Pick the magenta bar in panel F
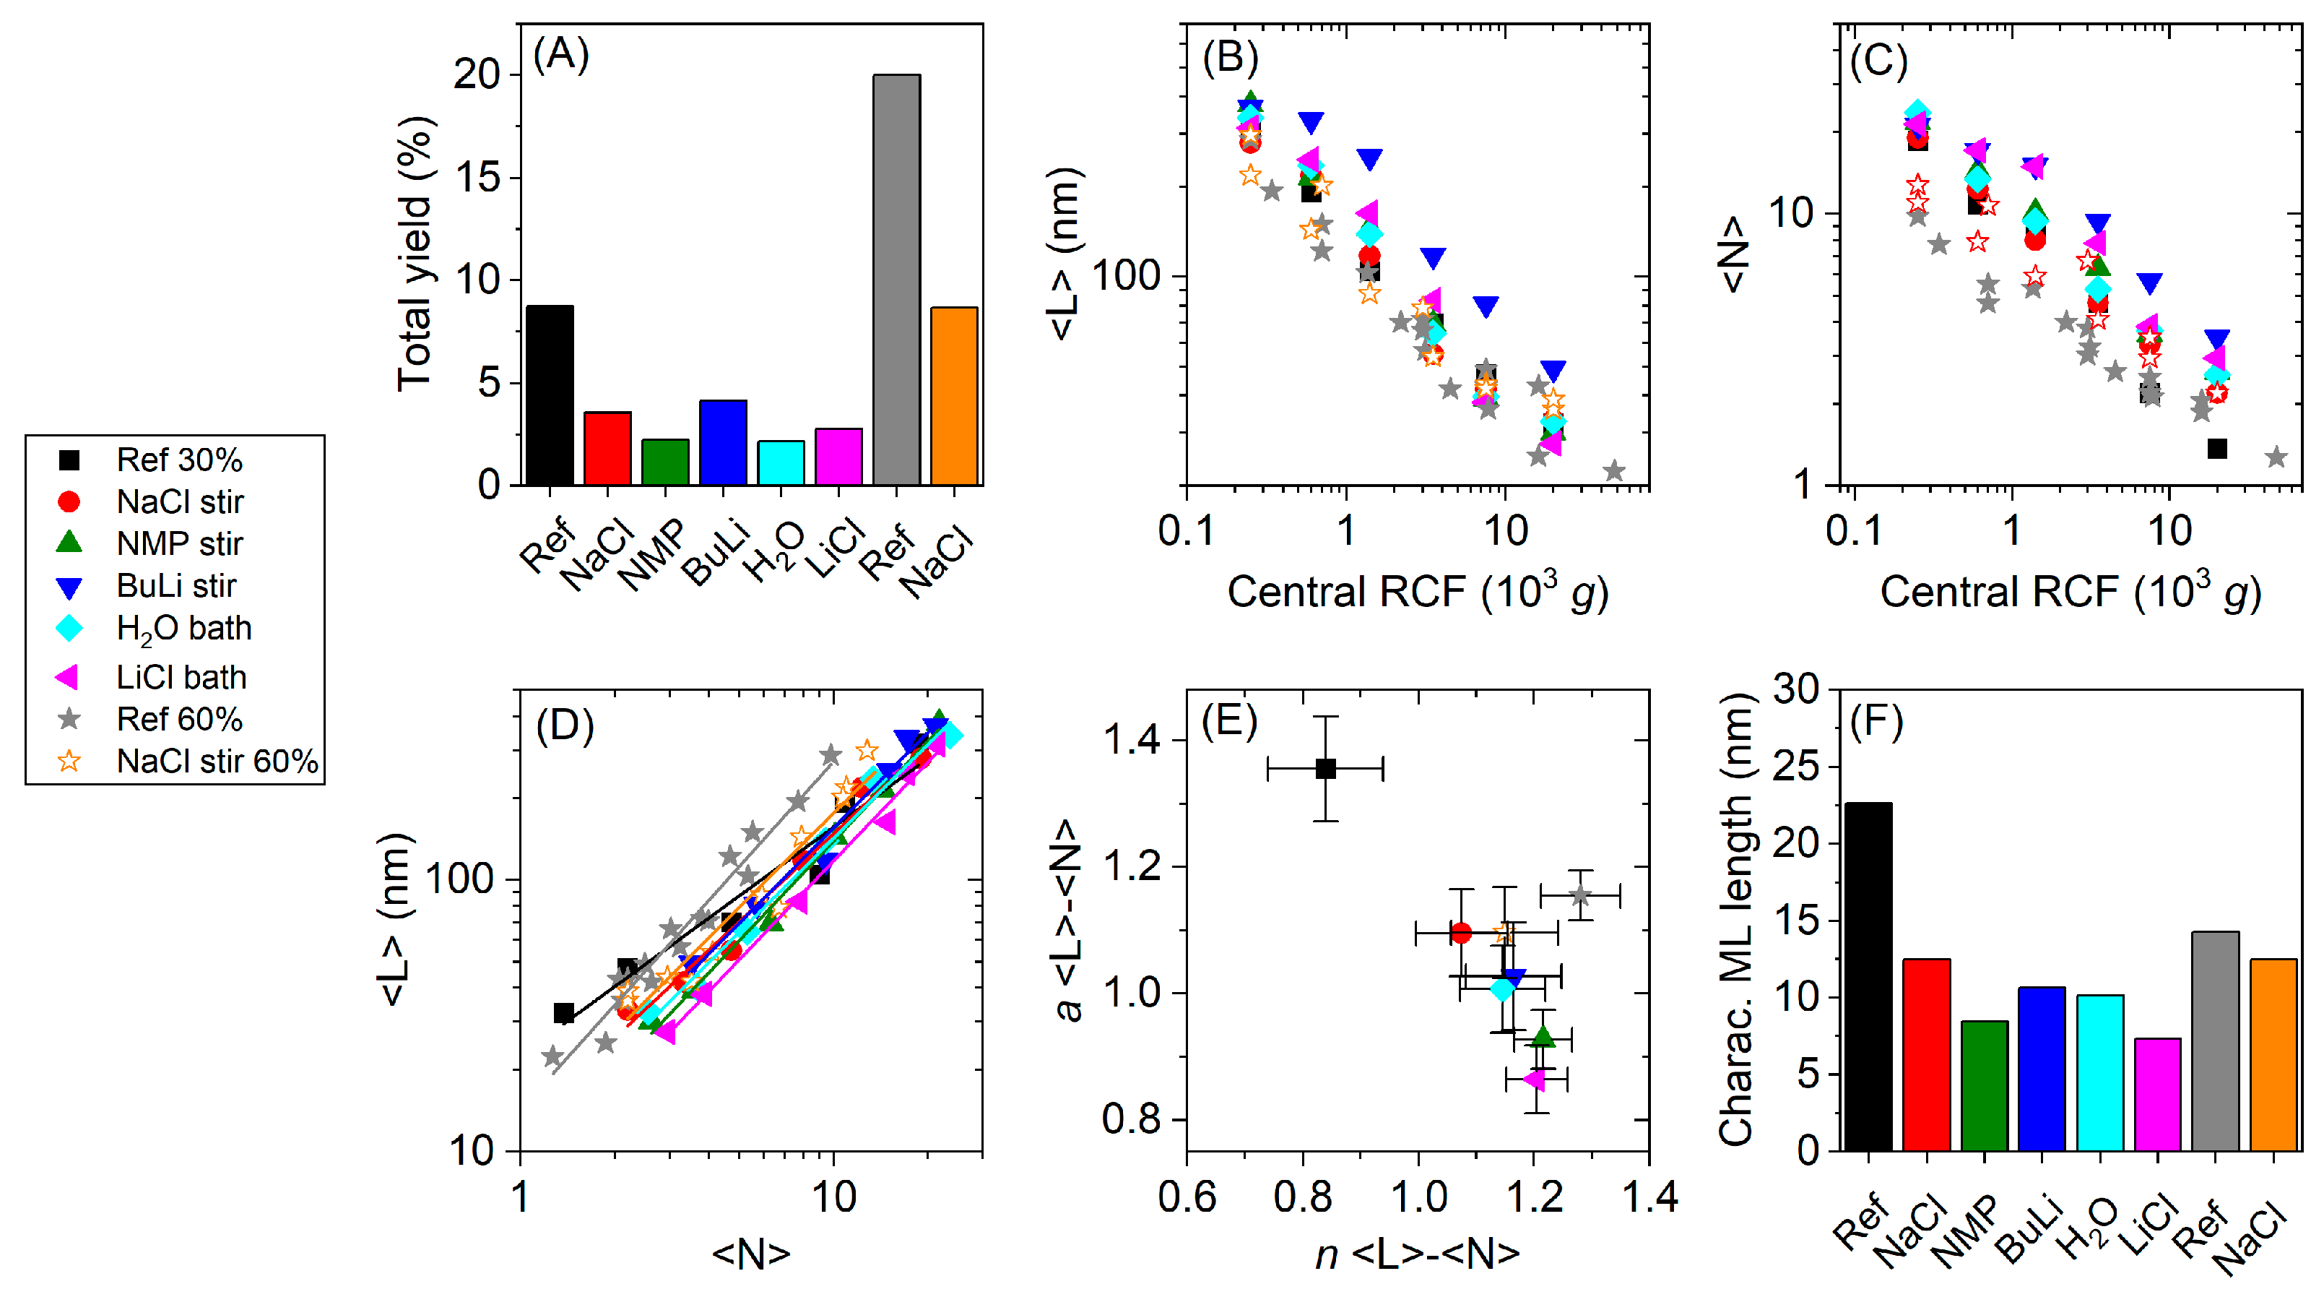tap(2156, 1094)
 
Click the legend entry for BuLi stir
tap(176, 586)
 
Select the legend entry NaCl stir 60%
tap(217, 761)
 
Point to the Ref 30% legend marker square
tap(69, 460)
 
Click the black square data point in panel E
tap(1324, 769)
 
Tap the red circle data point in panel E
tap(1460, 932)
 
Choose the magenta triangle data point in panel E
tap(1534, 1079)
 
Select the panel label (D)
tap(564, 725)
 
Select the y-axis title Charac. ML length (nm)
tap(1734, 921)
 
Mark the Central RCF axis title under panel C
tap(2070, 593)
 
